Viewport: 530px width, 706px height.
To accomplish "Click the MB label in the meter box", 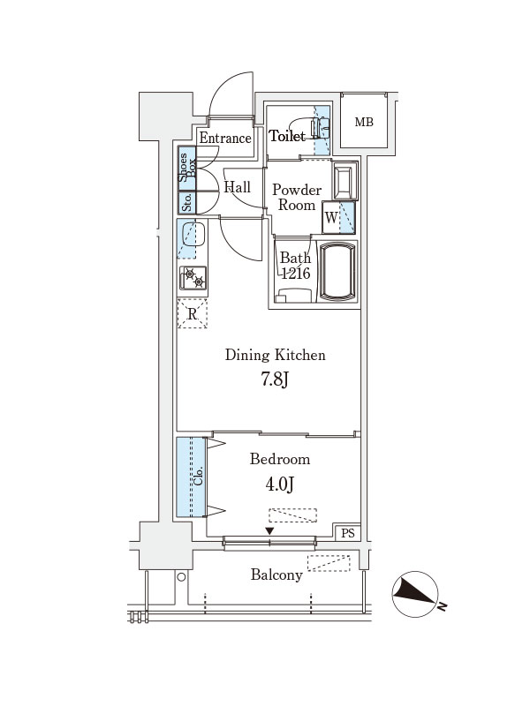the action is click(x=364, y=122).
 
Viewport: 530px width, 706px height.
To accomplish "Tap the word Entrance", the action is click(x=225, y=138).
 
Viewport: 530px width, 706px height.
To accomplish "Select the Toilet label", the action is click(x=287, y=136).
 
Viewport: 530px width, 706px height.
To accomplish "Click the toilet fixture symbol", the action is click(x=315, y=127).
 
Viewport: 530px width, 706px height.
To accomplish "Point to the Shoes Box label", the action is click(x=186, y=168).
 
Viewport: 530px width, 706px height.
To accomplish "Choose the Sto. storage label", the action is click(x=187, y=203).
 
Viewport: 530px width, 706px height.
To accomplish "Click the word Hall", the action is click(x=237, y=187).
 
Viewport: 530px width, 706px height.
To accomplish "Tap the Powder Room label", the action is click(x=297, y=197).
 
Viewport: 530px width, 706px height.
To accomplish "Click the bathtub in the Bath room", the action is click(x=337, y=271).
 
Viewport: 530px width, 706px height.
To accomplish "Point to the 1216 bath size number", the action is click(x=296, y=273).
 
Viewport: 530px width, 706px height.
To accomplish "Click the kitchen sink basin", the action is click(x=193, y=235).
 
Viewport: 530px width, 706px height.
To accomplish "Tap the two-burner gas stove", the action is click(x=193, y=278).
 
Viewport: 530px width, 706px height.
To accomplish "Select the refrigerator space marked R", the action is click(x=193, y=313).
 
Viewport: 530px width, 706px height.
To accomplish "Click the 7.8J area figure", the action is click(x=275, y=379).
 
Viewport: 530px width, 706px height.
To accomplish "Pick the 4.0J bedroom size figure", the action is click(x=279, y=484).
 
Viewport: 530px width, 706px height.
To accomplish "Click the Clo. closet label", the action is click(x=198, y=476).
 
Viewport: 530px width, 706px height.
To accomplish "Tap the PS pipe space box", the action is click(x=348, y=533).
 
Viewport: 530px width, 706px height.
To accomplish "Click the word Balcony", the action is click(x=276, y=575).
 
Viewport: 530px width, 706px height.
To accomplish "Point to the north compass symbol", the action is click(x=416, y=594).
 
